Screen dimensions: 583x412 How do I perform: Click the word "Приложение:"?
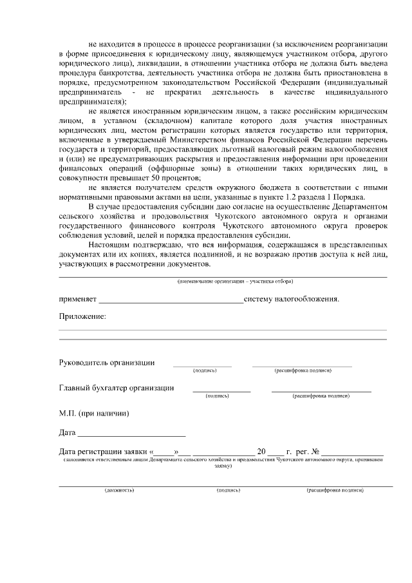point(82,316)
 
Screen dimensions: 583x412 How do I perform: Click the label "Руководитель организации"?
point(107,362)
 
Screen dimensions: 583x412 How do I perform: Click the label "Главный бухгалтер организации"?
point(117,388)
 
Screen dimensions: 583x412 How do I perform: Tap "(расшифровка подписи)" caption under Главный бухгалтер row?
point(321,396)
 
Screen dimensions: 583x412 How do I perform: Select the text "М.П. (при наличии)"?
point(94,413)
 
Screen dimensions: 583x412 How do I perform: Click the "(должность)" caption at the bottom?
point(119,490)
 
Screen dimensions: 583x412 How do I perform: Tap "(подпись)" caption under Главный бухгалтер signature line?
point(217,396)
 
